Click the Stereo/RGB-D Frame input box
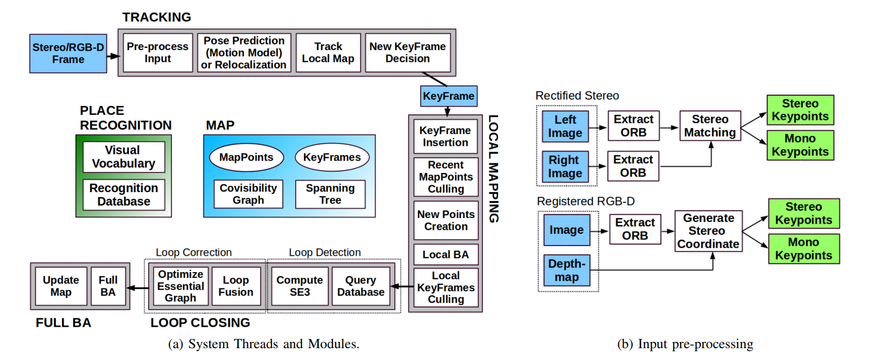click(x=68, y=53)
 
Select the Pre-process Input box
click(x=149, y=52)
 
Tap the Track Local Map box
click(x=328, y=52)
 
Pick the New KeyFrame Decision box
click(x=407, y=52)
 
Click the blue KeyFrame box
click(x=448, y=96)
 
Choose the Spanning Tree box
click(x=330, y=194)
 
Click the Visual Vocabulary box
click(x=123, y=157)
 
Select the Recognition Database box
click(x=124, y=195)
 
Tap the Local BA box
click(x=445, y=255)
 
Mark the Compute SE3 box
click(x=299, y=286)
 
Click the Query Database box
click(x=361, y=286)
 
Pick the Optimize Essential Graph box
click(x=180, y=286)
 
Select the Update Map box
click(x=61, y=286)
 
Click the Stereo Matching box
click(x=709, y=126)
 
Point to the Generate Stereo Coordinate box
click(x=708, y=231)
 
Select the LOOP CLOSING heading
click(x=200, y=323)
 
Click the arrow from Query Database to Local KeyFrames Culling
click(x=402, y=287)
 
